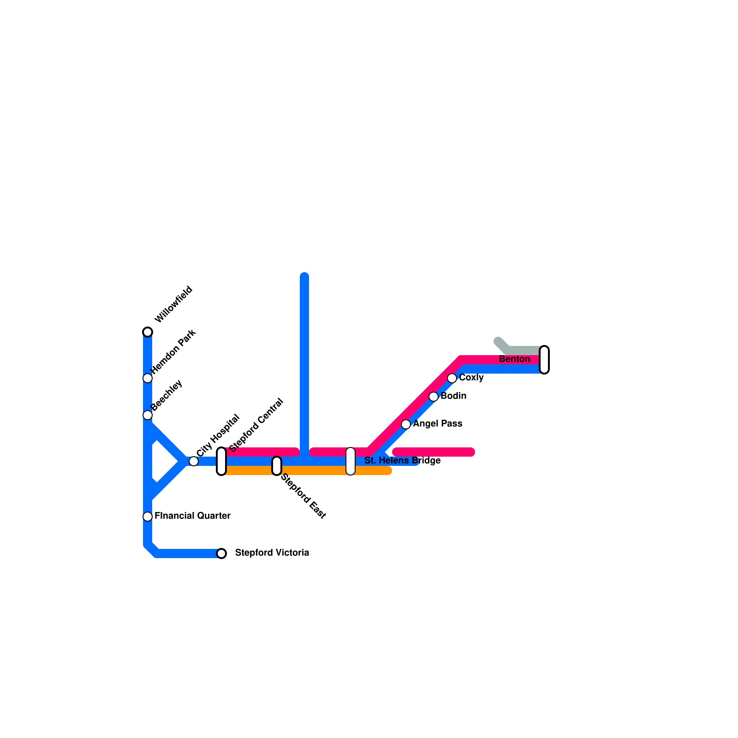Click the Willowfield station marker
point(148,332)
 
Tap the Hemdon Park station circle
point(148,378)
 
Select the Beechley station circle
point(148,415)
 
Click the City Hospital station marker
point(194,461)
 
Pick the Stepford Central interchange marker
point(221,461)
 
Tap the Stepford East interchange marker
point(277,466)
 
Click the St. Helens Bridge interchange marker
point(351,461)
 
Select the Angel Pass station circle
point(406,424)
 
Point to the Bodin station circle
point(434,397)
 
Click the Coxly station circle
point(452,378)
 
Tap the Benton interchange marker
point(544,360)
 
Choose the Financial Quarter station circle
point(148,517)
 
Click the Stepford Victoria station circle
point(221,553)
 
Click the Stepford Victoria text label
point(272,553)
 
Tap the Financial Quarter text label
point(192,516)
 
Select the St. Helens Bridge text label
point(402,460)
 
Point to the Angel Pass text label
point(437,423)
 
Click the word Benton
point(514,359)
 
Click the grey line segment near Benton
point(524,350)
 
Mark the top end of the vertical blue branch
point(304,277)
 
